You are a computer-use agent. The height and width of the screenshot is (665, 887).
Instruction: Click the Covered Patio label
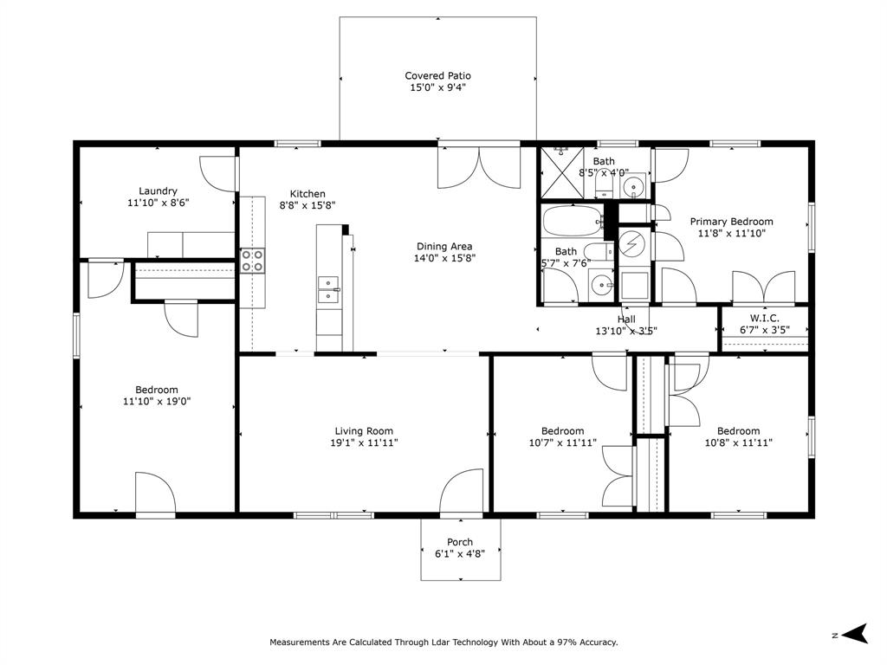click(x=437, y=76)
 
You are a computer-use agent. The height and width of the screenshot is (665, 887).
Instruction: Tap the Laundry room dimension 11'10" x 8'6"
click(x=158, y=203)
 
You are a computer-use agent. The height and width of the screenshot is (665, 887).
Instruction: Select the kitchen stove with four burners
click(x=252, y=261)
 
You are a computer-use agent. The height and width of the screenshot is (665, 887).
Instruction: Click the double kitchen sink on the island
click(x=328, y=289)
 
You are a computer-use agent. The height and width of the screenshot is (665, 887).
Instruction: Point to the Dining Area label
click(x=444, y=246)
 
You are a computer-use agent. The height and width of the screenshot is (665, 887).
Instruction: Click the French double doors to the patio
click(x=478, y=167)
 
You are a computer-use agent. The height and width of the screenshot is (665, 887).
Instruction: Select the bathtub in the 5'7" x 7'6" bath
click(x=572, y=223)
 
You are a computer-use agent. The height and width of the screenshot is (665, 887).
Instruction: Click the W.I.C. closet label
click(x=764, y=319)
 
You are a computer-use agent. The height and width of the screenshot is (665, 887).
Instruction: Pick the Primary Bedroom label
click(x=731, y=222)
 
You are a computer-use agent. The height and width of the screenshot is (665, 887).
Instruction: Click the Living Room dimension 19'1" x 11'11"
click(x=364, y=442)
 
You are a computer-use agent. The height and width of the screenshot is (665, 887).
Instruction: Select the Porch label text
click(x=460, y=542)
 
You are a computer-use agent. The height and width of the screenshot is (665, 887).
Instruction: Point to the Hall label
click(x=626, y=320)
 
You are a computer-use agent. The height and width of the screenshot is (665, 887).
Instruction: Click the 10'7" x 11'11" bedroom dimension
click(x=562, y=442)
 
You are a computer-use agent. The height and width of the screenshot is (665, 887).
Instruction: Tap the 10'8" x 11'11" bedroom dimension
click(x=738, y=442)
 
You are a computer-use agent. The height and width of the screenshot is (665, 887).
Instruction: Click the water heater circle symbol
click(x=633, y=243)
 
